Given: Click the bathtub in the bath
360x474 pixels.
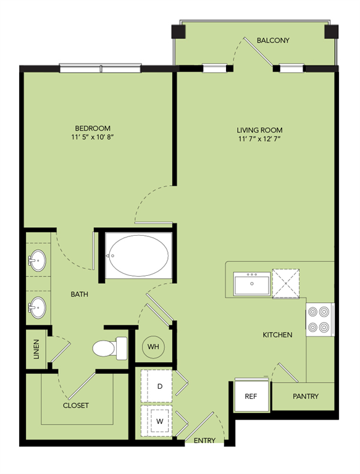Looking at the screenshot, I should (136, 253).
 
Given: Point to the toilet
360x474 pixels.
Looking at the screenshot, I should (109, 349).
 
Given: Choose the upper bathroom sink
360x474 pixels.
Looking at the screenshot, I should (38, 261).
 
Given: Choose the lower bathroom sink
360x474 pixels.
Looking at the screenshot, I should (38, 306).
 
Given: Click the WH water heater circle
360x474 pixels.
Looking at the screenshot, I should (153, 347).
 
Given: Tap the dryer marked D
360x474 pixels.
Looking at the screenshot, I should (159, 386).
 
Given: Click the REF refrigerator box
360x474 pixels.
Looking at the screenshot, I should (250, 396).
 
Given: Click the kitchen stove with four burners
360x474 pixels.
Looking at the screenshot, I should (320, 320).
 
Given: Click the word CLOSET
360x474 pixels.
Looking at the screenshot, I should (76, 405).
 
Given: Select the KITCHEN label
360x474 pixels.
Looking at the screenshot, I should (277, 335).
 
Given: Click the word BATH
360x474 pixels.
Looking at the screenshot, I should (79, 294).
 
